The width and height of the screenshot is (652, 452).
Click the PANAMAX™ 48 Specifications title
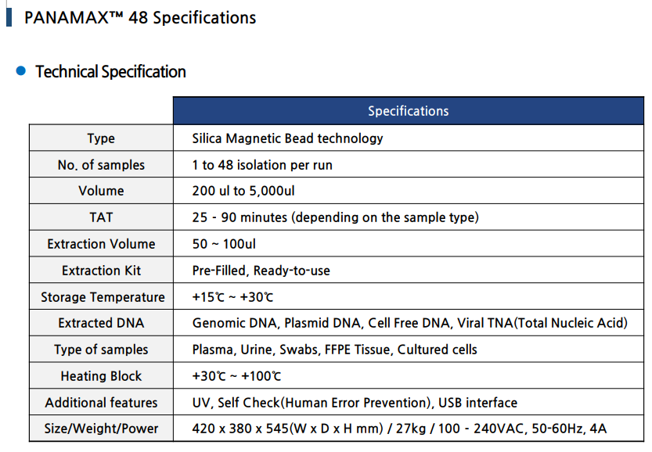[x=140, y=17]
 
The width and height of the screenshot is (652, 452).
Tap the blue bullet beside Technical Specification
[x=21, y=72]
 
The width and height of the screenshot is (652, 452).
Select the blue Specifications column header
[x=408, y=111]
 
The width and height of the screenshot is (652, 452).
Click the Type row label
[x=101, y=138]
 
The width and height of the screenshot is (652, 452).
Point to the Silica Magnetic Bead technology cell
[x=287, y=138]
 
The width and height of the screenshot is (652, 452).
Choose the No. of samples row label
[x=101, y=165]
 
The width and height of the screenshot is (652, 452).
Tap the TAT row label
[x=101, y=217]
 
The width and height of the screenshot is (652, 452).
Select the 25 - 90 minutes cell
[x=335, y=217]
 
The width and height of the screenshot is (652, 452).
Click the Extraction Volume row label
[x=101, y=244]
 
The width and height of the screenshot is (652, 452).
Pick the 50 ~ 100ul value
[x=224, y=244]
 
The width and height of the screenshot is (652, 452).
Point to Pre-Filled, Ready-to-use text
[x=261, y=271]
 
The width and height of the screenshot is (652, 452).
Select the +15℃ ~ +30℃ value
[x=232, y=297]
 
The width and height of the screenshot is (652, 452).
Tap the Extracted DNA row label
[x=101, y=323]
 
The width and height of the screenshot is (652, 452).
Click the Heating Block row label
[x=101, y=376]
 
